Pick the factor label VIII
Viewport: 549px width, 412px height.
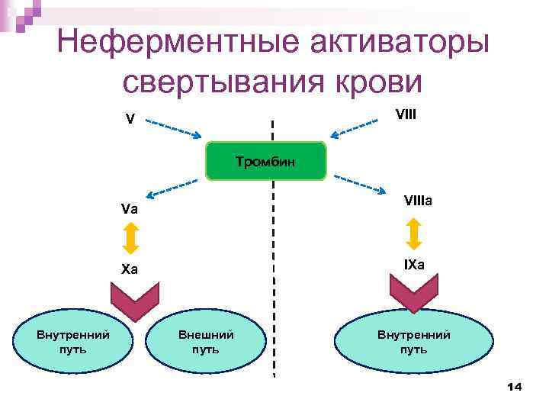[406, 114]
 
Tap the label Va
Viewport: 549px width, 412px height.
[129, 208]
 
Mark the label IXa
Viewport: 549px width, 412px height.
[415, 265]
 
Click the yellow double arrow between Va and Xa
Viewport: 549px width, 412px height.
[130, 238]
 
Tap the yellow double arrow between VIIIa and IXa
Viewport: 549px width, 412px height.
[414, 233]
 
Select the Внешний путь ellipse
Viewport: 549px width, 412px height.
[206, 341]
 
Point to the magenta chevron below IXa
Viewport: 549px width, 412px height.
[414, 292]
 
